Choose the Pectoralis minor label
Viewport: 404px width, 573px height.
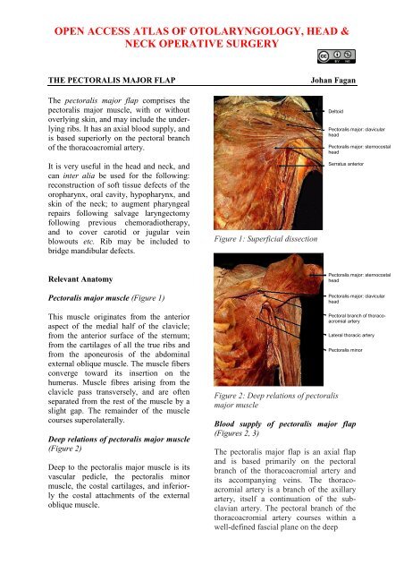(349, 352)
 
